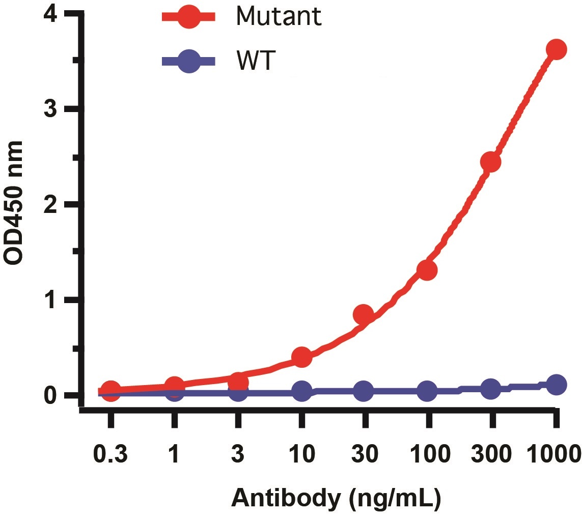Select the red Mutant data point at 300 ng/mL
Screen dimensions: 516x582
(x=490, y=162)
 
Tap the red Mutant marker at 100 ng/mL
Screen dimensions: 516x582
(x=427, y=270)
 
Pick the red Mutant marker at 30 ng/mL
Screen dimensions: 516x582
(x=364, y=315)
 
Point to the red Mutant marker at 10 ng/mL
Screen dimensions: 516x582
(x=301, y=357)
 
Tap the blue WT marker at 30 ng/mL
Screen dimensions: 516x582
(x=364, y=391)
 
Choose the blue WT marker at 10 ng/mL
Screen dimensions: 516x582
(x=301, y=392)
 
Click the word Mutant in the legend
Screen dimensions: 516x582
(x=279, y=16)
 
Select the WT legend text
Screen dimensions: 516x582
(x=256, y=61)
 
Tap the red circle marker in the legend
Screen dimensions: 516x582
(x=189, y=17)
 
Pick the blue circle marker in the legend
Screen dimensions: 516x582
(x=189, y=61)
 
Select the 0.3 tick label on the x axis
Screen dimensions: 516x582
(x=110, y=452)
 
